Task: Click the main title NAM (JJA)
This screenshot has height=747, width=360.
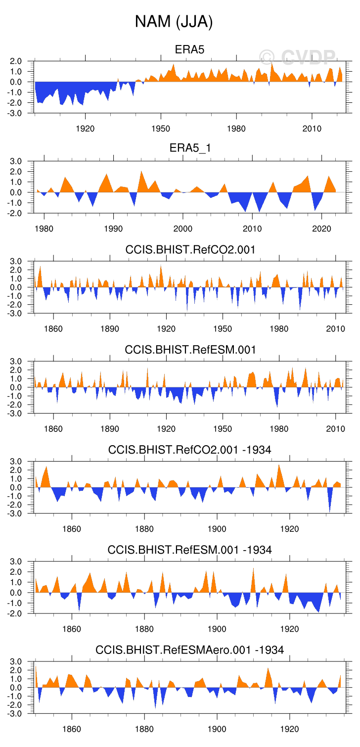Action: tap(174, 22)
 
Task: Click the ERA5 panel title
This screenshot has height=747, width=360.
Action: tap(190, 49)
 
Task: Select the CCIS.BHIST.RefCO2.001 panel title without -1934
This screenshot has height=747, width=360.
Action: tap(190, 250)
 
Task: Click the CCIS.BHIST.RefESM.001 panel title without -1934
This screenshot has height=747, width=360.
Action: tap(190, 350)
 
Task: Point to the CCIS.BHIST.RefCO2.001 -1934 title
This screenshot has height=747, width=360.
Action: tap(190, 450)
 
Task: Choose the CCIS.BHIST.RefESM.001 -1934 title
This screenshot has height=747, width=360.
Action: tap(190, 550)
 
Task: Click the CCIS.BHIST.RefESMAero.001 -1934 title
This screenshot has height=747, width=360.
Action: tap(190, 650)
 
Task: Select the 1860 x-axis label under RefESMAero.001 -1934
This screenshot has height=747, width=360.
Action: tap(72, 729)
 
